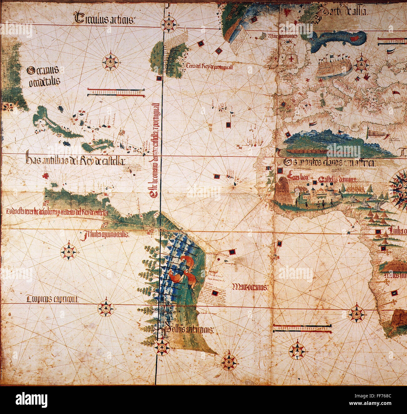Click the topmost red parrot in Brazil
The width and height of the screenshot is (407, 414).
tap(187, 261)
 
